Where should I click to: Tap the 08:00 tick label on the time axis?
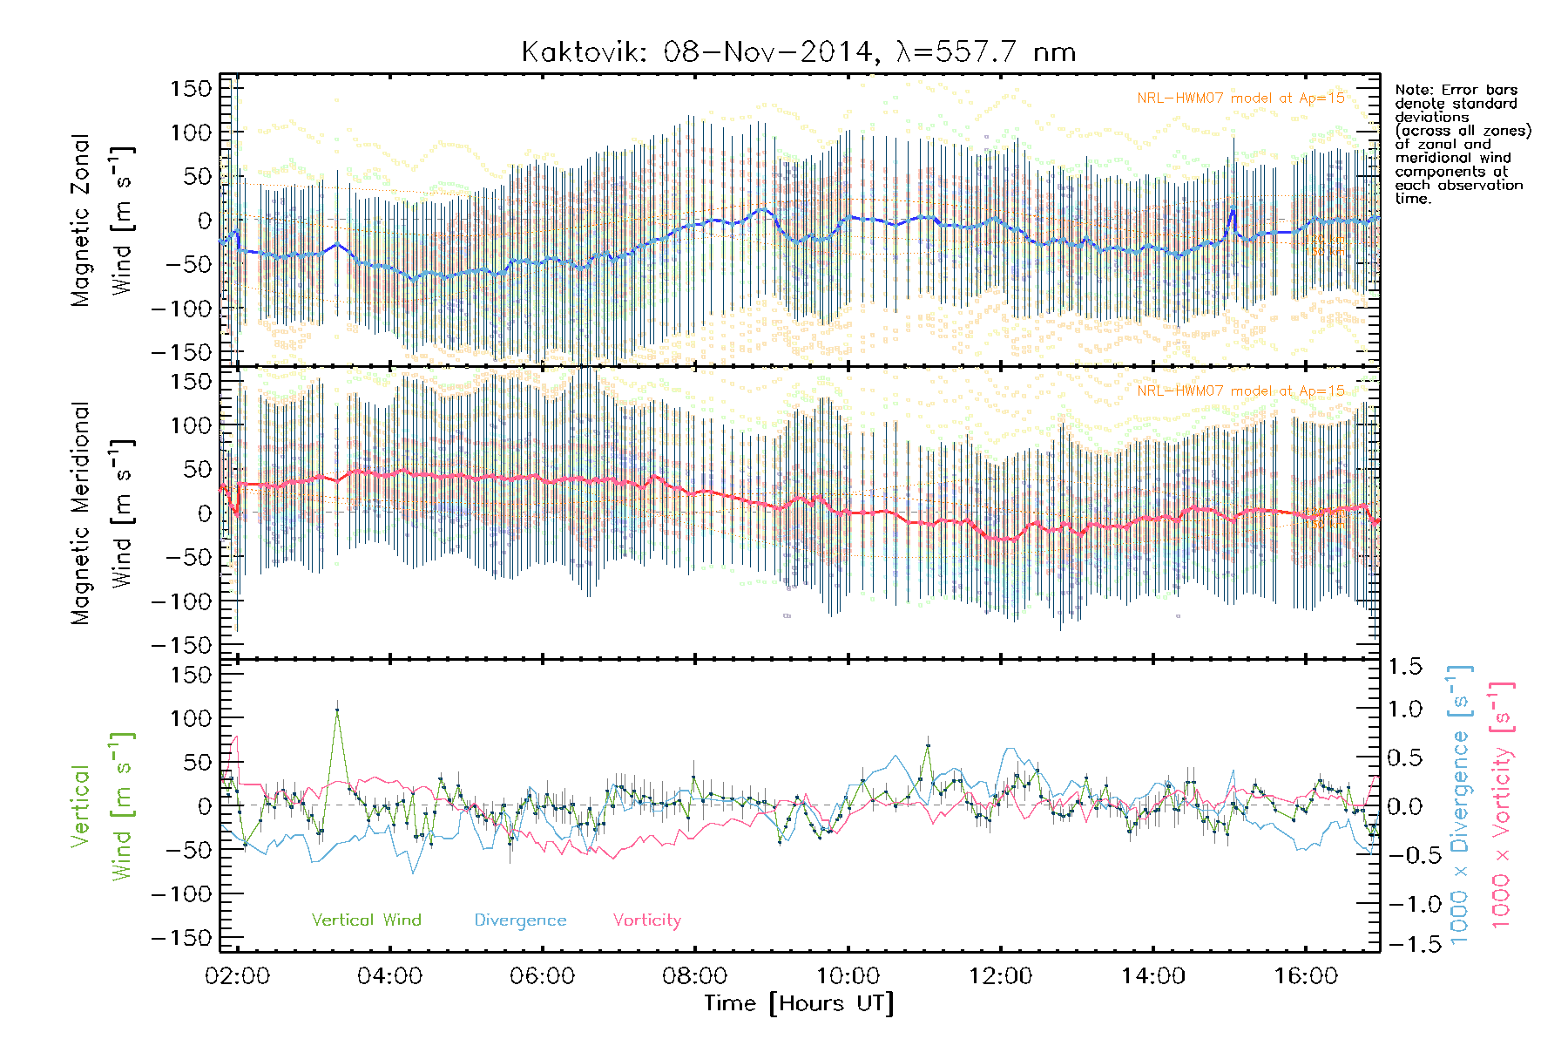(695, 975)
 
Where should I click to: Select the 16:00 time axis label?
(1306, 975)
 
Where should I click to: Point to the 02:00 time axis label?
(237, 975)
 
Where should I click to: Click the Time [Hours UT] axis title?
(799, 1003)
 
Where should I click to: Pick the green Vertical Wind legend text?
(366, 920)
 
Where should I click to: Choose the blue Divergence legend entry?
(520, 920)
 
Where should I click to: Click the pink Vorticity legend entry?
(646, 920)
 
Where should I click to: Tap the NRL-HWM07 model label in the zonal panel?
(1240, 98)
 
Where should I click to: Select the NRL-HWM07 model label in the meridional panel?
(1240, 391)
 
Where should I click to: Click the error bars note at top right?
(1462, 144)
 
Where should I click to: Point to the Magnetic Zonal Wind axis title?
(101, 220)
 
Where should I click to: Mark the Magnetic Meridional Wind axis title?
(101, 513)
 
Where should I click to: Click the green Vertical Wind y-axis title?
(101, 805)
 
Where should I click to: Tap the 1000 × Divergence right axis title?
(1460, 805)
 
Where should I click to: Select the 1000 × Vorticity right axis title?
(1502, 805)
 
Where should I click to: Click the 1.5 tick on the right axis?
(1404, 667)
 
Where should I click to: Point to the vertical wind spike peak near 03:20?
(337, 710)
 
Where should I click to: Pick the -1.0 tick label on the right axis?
(1404, 904)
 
